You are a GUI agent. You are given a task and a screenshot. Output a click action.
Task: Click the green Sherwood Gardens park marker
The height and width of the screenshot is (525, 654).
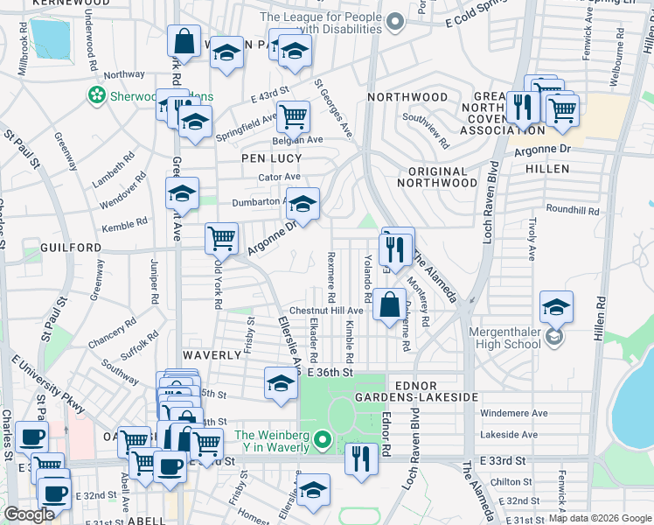pos(96,94)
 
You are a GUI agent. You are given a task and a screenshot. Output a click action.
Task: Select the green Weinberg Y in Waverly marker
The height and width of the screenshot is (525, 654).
pos(323,440)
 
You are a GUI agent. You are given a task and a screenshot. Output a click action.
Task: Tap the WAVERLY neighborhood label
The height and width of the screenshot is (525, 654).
pos(212,355)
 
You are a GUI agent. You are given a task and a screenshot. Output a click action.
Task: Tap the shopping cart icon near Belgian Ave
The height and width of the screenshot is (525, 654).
pos(293,115)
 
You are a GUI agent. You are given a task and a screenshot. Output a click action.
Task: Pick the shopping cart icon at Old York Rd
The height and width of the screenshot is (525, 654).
pos(221,237)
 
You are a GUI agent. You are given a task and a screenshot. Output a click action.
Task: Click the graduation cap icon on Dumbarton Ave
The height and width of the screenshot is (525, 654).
pos(303,204)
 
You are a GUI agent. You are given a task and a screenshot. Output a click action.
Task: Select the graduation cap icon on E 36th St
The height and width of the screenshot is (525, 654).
pos(280,383)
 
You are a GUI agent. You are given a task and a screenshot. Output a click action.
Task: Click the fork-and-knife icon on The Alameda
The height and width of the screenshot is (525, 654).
pos(397,249)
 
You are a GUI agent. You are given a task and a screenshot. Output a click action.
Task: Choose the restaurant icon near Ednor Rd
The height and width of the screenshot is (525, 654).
pos(361,458)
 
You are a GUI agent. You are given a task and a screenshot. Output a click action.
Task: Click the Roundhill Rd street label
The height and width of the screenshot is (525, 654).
pos(572,211)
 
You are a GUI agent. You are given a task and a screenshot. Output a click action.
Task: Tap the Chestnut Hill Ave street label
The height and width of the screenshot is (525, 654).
pos(326,311)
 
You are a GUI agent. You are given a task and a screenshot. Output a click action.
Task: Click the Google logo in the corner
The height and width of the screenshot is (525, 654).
pos(30,514)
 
